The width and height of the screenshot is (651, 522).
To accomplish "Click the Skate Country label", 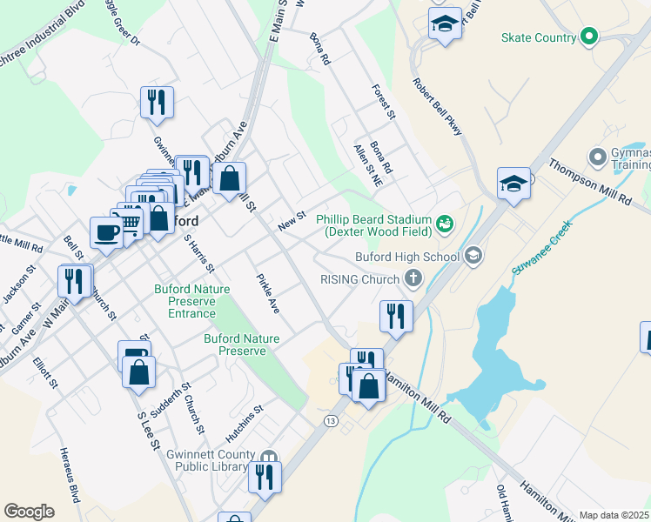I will click(x=539, y=37).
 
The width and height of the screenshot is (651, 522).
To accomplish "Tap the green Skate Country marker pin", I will click(x=589, y=37).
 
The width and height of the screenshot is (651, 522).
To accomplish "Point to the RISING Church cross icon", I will click(x=414, y=278).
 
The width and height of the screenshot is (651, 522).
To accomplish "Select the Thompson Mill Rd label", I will click(x=590, y=181).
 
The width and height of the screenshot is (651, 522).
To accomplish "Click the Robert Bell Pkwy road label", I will click(x=438, y=107).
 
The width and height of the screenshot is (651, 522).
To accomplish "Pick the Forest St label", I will click(x=384, y=101).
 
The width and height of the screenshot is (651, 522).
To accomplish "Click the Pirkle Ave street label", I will click(x=267, y=294).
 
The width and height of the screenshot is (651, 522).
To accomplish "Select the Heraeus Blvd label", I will click(x=70, y=474).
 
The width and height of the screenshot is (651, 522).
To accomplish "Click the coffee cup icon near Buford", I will click(x=106, y=233).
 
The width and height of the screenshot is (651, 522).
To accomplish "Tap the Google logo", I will click(x=30, y=512).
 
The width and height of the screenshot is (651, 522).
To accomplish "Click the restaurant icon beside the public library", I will click(x=265, y=477).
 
